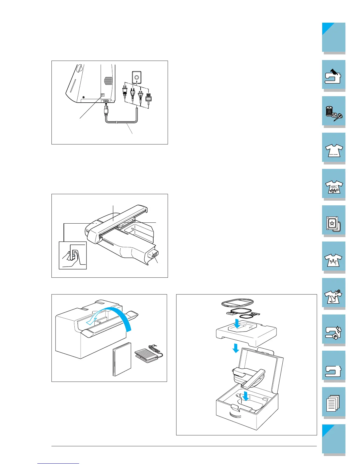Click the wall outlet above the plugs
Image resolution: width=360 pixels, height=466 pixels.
[x=136, y=77]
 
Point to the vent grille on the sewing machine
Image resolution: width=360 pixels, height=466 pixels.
[x=109, y=81]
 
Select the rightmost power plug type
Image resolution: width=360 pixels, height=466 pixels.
[x=148, y=98]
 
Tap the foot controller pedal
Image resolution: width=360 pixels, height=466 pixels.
[x=146, y=353]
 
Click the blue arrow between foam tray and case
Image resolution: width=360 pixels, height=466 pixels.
[x=236, y=349]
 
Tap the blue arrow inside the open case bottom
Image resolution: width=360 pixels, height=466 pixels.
[x=246, y=396]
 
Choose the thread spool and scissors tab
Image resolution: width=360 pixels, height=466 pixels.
[x=334, y=112]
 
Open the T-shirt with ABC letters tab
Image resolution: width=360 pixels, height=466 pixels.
[x=334, y=185]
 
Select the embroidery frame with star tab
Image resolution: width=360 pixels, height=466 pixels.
[x=334, y=221]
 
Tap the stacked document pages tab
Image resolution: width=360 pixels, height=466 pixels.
[x=334, y=403]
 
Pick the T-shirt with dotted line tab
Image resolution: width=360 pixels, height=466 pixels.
[x=334, y=148]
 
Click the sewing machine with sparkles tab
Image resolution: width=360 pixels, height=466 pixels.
[x=334, y=330]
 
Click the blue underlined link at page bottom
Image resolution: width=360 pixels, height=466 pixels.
[x=58, y=464]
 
